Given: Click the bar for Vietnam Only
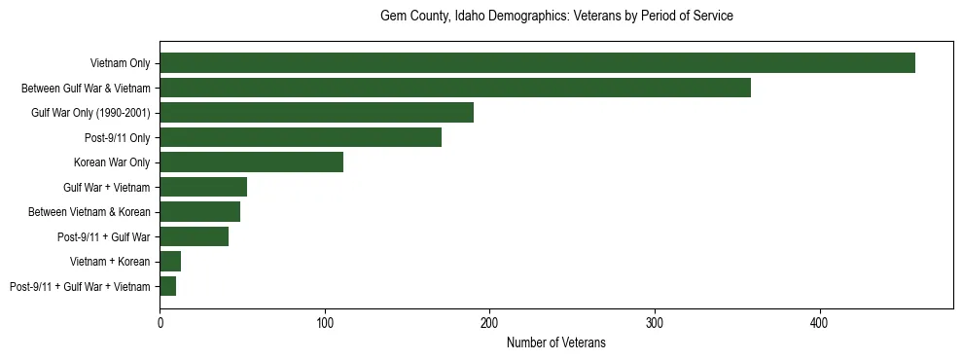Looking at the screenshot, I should [x=537, y=63].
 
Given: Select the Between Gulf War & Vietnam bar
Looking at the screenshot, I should [x=455, y=88].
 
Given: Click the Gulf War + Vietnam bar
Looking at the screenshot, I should [x=203, y=187].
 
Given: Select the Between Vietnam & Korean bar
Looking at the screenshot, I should [x=199, y=212].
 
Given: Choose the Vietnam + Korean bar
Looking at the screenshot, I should [x=170, y=262].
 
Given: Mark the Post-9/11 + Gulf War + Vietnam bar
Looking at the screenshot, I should [x=167, y=286].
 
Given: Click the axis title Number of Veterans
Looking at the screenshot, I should [x=555, y=342].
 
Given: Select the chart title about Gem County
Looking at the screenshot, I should [x=555, y=17].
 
